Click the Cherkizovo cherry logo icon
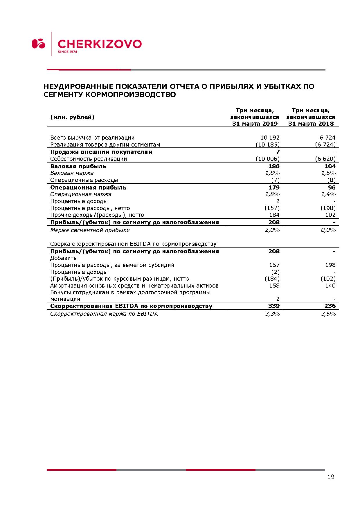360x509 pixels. (x=39, y=44)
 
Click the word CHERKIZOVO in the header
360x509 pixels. (x=100, y=44)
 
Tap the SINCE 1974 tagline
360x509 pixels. (x=67, y=52)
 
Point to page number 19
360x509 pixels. (x=331, y=477)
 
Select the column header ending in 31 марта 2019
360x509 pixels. (x=255, y=117)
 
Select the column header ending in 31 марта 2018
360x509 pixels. (x=311, y=117)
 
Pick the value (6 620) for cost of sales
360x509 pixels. (x=325, y=159)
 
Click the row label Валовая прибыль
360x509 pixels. (x=78, y=166)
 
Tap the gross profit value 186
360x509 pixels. (x=274, y=166)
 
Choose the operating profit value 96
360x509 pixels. (x=332, y=187)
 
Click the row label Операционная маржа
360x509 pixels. (x=81, y=194)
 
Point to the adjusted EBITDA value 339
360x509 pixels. (x=274, y=306)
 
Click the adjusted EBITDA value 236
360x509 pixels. (x=330, y=306)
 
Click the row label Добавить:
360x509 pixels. (x=64, y=258)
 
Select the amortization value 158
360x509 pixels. (x=274, y=286)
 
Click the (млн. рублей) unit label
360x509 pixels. (x=72, y=117)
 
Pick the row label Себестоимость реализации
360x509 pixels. (x=89, y=159)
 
